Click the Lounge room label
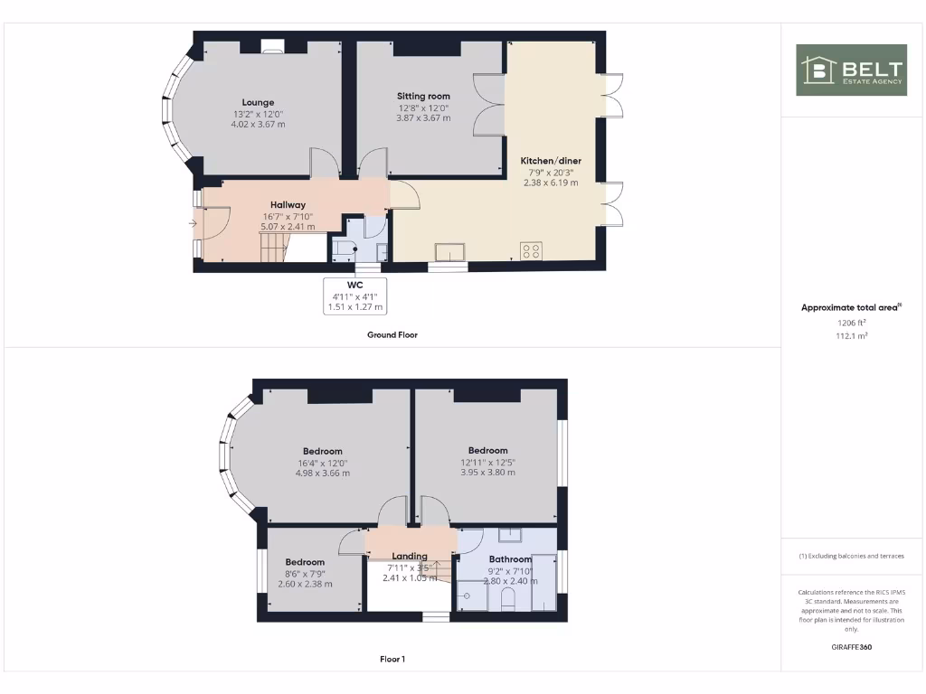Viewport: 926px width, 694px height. pos(258,102)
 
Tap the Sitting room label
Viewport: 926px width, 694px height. pos(423,96)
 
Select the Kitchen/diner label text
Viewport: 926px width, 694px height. pos(551,161)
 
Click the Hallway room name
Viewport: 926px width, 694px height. pos(288,205)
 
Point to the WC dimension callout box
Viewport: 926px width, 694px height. pos(354,295)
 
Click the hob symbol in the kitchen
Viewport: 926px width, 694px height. pos(531,250)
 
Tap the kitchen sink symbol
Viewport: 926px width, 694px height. pos(449,250)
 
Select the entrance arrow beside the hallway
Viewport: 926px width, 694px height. pos(193,222)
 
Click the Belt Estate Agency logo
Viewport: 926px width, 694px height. pos(851,70)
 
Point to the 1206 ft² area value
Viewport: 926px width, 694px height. pos(851,323)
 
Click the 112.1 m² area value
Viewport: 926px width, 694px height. pos(851,335)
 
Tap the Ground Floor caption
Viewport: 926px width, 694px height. pos(392,334)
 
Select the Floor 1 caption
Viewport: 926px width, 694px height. pos(392,659)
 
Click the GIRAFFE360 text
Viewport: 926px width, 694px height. pos(851,647)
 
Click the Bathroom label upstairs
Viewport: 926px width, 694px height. pos(510,559)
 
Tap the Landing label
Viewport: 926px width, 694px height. pos(410,557)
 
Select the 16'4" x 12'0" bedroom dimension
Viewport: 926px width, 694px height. pos(322,463)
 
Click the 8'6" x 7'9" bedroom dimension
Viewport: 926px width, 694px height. pos(305,573)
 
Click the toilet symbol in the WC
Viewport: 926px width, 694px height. pos(345,249)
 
